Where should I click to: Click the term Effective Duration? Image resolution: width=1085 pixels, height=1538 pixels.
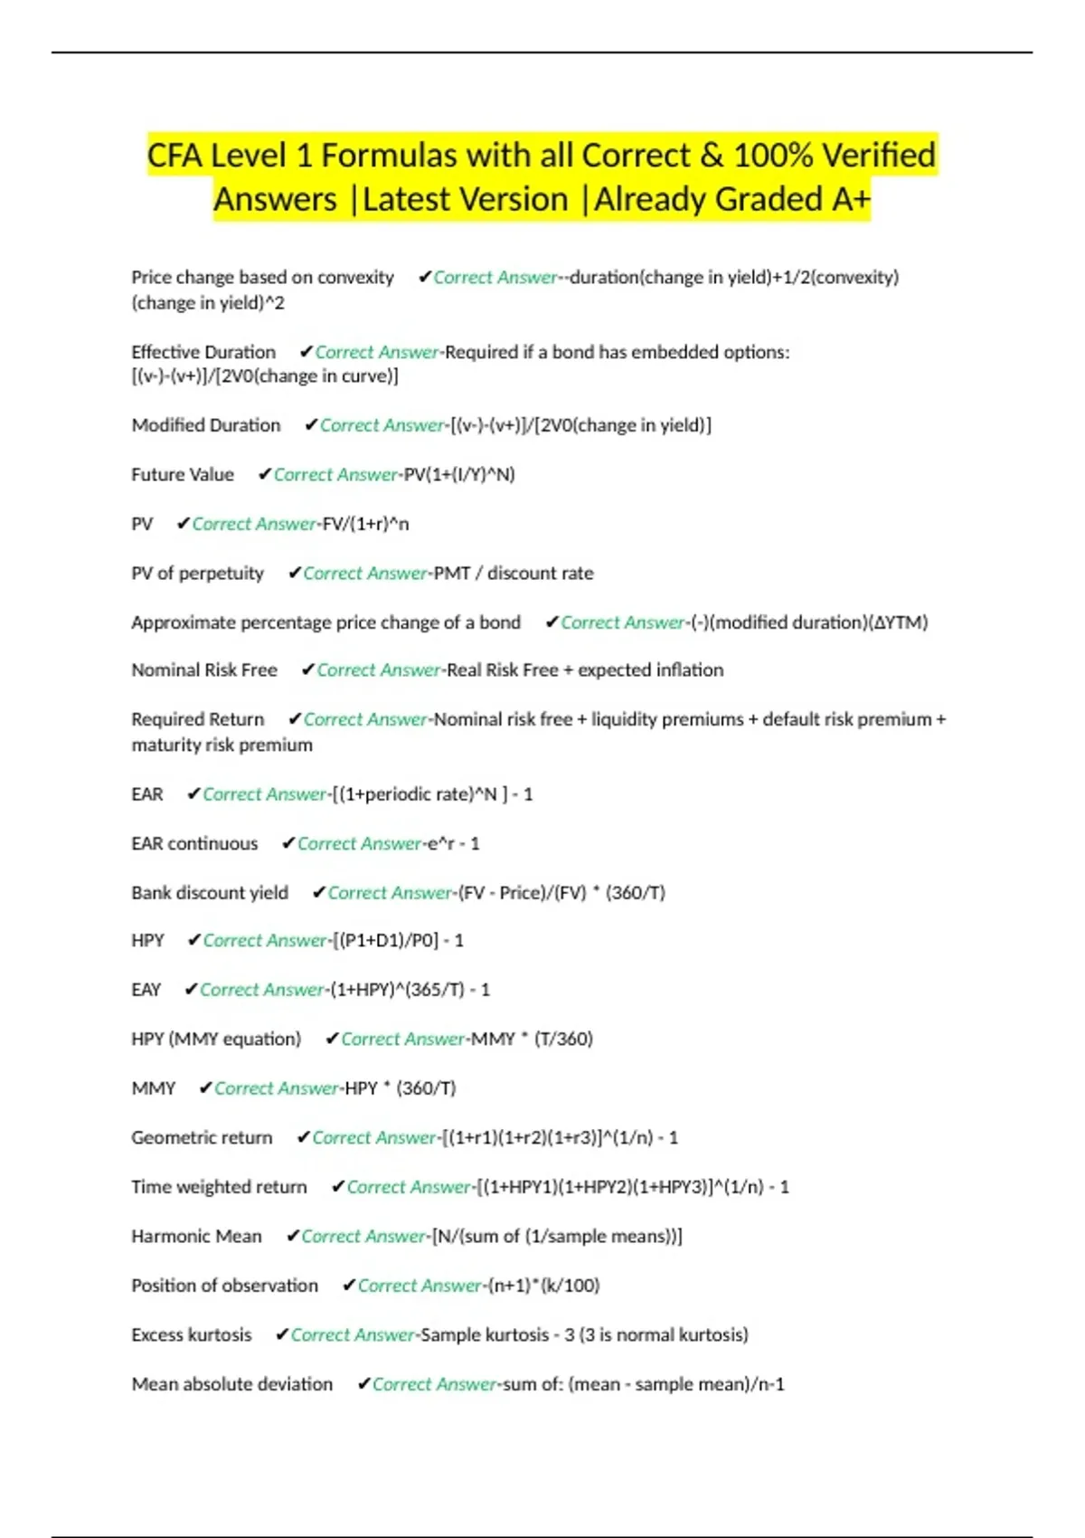(203, 352)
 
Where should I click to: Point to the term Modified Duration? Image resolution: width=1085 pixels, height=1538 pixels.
(206, 425)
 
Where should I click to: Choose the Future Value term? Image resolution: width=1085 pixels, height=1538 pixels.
(183, 475)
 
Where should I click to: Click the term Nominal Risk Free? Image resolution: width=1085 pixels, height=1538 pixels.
(204, 670)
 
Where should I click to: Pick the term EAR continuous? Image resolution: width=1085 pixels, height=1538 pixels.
(194, 844)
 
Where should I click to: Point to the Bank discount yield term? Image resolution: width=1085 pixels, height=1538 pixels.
(210, 893)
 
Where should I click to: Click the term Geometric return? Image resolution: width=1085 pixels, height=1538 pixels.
(202, 1138)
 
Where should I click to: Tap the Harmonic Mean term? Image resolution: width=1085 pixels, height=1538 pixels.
(196, 1237)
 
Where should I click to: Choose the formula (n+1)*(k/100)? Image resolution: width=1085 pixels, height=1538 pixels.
(543, 1286)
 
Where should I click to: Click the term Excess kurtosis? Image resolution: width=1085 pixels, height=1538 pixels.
(192, 1335)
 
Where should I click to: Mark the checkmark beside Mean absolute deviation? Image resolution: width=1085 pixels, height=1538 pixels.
(363, 1384)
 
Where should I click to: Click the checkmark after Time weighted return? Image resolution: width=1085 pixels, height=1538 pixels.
(338, 1187)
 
